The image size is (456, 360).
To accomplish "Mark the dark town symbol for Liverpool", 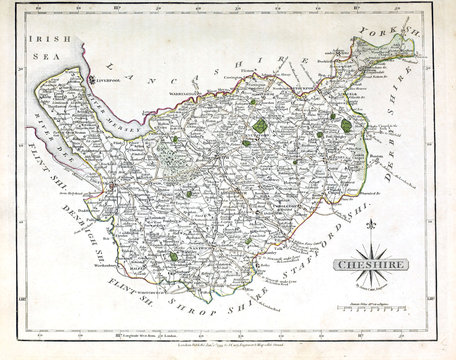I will tap(92, 79).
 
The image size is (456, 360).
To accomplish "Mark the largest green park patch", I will tap(260, 126).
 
